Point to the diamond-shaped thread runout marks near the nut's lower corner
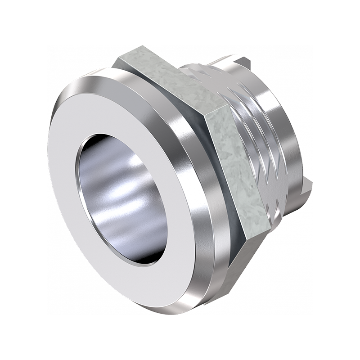(274, 198)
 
